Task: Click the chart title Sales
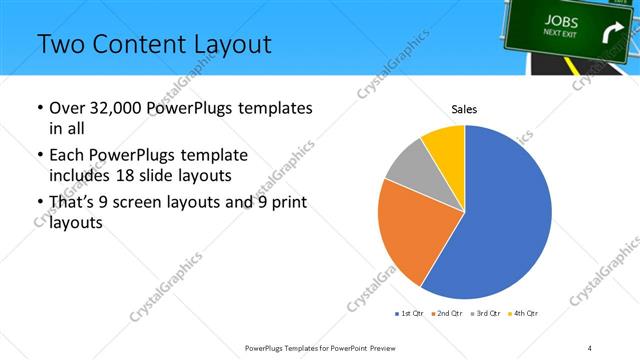point(464,108)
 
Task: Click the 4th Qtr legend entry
point(524,314)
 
